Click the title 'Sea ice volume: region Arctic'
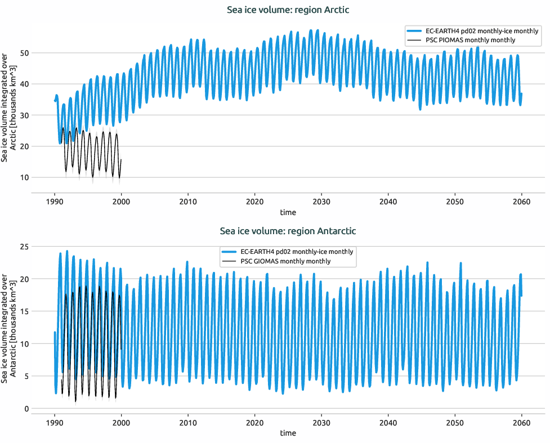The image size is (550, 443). click(x=288, y=10)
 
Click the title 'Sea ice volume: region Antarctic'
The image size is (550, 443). click(x=288, y=231)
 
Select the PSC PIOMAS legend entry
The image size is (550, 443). click(x=472, y=41)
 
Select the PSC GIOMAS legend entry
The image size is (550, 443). click(x=288, y=261)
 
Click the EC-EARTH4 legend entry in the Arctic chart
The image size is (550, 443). click(x=472, y=31)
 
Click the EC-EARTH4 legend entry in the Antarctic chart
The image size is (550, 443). click(x=288, y=252)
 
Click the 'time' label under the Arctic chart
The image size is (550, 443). click(x=288, y=213)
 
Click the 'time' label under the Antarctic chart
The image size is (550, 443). click(x=288, y=433)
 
